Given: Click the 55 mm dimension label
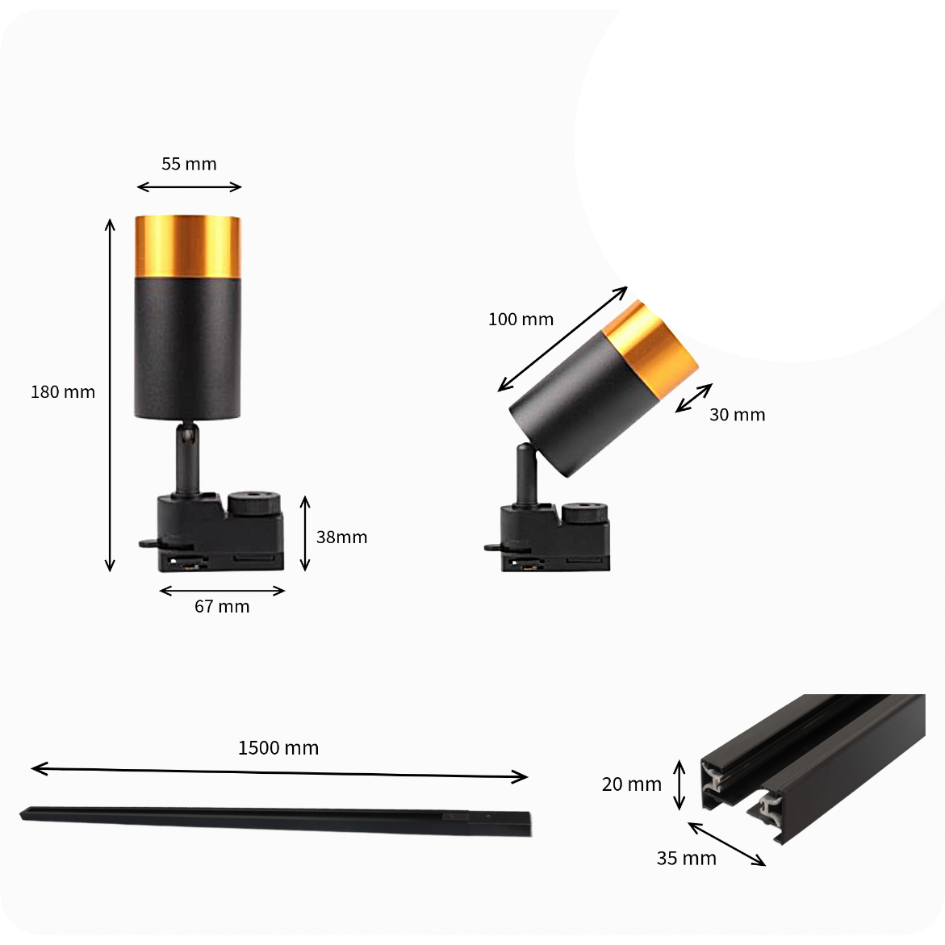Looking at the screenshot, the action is [x=189, y=164].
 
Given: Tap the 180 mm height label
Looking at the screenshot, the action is [x=63, y=391].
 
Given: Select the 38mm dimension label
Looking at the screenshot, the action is [x=341, y=537].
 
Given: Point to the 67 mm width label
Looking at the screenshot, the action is [x=222, y=606].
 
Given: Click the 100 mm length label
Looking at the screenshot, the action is [x=521, y=320].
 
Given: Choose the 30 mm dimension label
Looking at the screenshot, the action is [x=737, y=415].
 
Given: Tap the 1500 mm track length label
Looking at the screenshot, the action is [x=278, y=748].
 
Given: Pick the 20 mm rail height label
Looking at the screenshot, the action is [x=632, y=784].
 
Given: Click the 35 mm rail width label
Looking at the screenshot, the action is [x=687, y=858].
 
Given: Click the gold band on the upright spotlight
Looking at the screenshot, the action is [x=187, y=246].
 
